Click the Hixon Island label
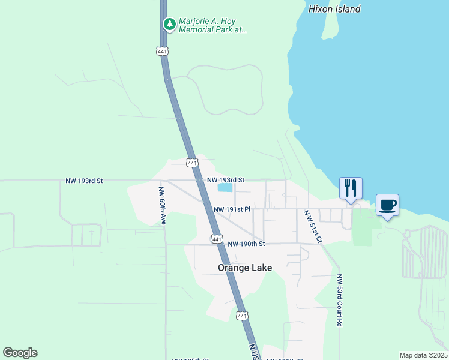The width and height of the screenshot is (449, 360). coord(334,9)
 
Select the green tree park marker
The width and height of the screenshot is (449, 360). coord(170,24)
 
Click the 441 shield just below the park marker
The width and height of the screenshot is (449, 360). coord(163,52)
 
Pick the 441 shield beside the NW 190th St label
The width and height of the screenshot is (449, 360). coord(216,239)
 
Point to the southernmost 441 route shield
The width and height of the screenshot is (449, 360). coord(241,316)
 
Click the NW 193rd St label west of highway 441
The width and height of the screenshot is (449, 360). coord(84,181)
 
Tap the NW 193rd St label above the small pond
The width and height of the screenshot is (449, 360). coord(226,180)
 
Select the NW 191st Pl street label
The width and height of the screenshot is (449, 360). coord(231,209)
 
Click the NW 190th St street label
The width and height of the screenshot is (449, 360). coord(246,244)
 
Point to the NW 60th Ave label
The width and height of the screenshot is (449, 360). coord(161,205)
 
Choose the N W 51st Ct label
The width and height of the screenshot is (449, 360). coord(312,226)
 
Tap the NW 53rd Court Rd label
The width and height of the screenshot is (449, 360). coord(339,300)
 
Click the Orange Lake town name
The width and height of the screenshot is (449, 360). coord(245,268)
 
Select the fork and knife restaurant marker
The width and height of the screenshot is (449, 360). coord(351,188)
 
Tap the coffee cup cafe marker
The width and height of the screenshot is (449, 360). coord(387,206)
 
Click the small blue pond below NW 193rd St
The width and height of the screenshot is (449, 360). coord(224,188)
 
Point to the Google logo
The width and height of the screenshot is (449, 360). coord(20,353)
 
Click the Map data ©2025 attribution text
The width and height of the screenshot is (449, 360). coord(423,355)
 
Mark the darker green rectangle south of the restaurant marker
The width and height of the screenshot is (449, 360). coord(362,227)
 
